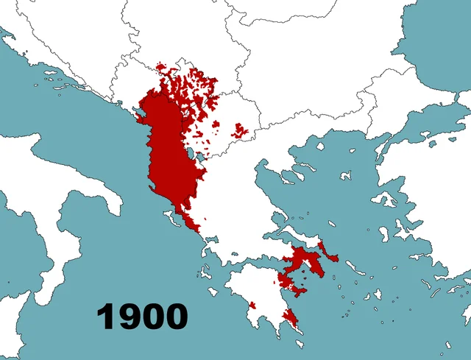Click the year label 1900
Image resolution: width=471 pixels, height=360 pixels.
coord(142,316)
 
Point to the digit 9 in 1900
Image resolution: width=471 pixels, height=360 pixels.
coord(129,316)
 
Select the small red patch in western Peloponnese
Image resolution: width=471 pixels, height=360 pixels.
coord(252,304)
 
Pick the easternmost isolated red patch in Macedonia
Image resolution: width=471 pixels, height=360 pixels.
coord(240,131)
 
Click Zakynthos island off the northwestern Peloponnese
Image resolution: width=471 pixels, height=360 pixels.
coord(214,289)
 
